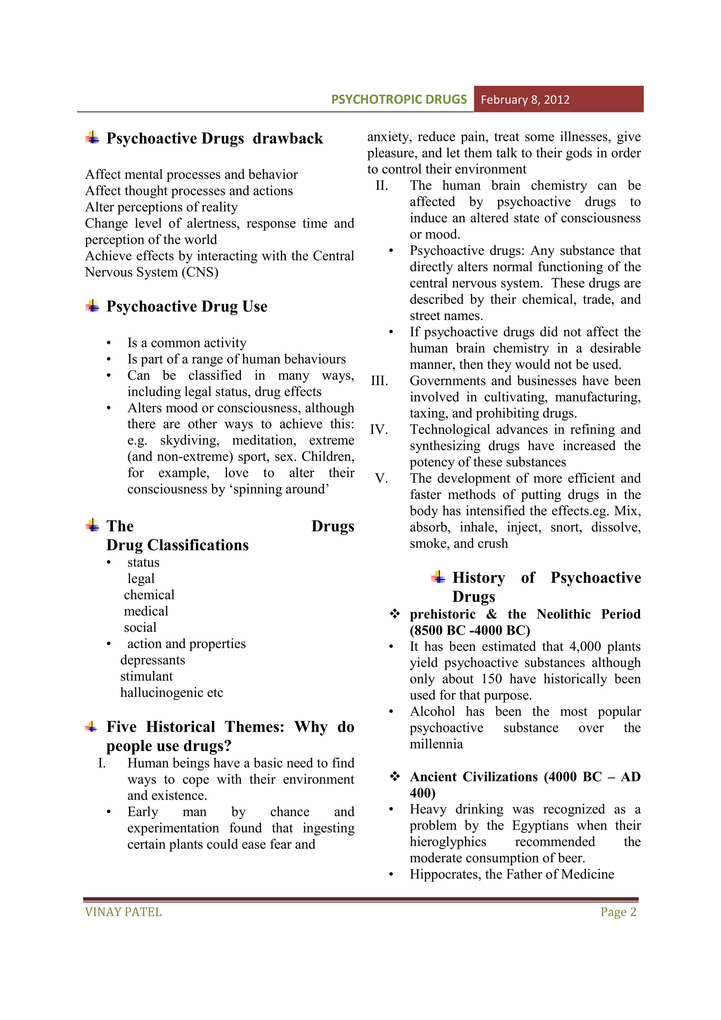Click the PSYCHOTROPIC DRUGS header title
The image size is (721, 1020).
tap(399, 100)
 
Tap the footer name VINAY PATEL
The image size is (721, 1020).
tap(123, 912)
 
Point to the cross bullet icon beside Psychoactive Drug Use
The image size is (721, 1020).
tap(92, 306)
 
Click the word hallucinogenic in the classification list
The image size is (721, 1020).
tap(157, 693)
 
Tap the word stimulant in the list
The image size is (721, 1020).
tap(146, 676)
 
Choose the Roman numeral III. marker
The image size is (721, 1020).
tap(380, 381)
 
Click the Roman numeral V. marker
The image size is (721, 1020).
tap(381, 478)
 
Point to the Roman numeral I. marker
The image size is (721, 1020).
tap(102, 763)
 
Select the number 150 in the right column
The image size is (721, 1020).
tap(491, 679)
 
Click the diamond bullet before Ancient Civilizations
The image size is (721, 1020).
tap(395, 776)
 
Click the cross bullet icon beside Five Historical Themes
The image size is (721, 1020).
tap(92, 727)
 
